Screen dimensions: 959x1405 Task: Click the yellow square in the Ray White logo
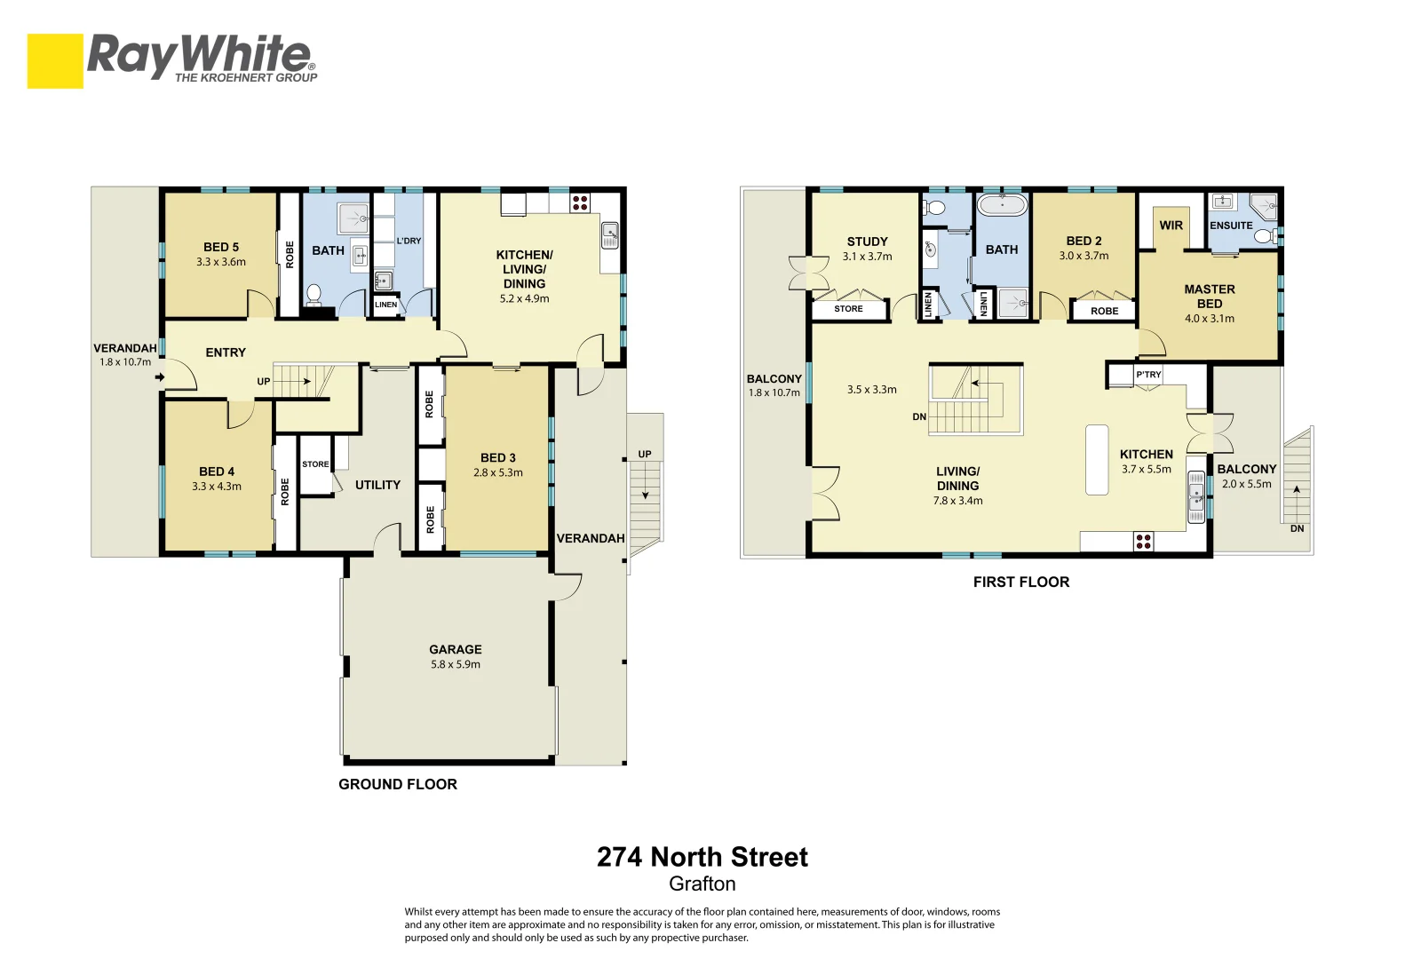(55, 61)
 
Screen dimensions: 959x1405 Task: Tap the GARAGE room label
(455, 649)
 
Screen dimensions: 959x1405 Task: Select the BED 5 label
(221, 247)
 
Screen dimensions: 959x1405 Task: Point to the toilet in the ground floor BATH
(314, 294)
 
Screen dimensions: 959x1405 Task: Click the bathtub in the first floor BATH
(1002, 206)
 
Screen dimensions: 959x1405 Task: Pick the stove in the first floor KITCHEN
(1144, 541)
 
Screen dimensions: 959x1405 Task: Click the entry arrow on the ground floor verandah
(160, 377)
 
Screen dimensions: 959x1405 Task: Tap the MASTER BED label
(1209, 297)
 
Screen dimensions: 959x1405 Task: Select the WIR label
(1171, 226)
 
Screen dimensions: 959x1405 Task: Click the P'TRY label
(1148, 375)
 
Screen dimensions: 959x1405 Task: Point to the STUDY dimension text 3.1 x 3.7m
(867, 257)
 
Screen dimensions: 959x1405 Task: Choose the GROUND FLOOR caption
(398, 784)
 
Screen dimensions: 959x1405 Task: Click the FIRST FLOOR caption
(1021, 582)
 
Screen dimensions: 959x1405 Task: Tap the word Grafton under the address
(702, 884)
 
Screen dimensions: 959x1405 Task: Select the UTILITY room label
(377, 485)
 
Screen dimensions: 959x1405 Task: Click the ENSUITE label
(1231, 226)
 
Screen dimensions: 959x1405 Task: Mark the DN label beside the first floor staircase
(919, 416)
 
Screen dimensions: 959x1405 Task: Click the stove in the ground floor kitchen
(579, 202)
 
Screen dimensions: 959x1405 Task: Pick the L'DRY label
(409, 241)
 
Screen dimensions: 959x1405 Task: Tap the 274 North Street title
(702, 857)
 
